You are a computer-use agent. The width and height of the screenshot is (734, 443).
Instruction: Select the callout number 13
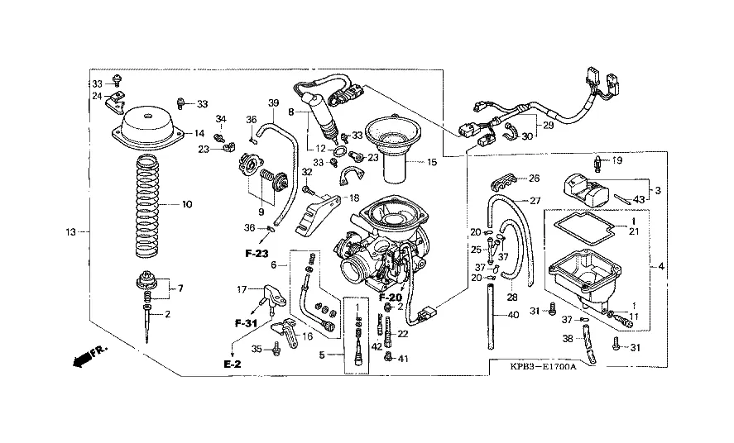[x=72, y=231]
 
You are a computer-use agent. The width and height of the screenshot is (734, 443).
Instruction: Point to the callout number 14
[x=199, y=133]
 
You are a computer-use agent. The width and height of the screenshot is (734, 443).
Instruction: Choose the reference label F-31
[x=246, y=323]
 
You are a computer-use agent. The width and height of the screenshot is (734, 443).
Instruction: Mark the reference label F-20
[x=390, y=297]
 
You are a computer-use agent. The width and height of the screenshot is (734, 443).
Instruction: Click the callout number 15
[x=430, y=162]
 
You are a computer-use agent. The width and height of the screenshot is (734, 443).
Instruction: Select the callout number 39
[x=274, y=102]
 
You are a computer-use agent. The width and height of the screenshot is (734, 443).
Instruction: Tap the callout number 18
[x=353, y=198]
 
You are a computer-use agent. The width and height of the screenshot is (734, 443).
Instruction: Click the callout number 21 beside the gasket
[x=635, y=232]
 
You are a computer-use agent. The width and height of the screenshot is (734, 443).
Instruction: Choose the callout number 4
[x=660, y=267]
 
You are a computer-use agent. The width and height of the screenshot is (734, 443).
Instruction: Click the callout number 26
[x=534, y=178]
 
